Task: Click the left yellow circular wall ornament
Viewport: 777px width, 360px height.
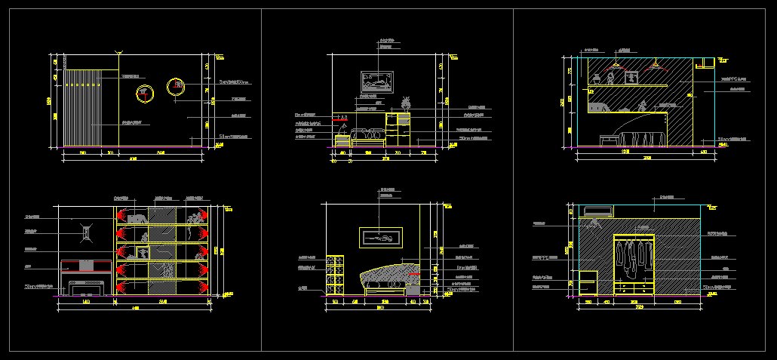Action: pyautogui.click(x=145, y=94)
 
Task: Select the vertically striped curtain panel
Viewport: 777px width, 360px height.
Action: pyautogui.click(x=82, y=106)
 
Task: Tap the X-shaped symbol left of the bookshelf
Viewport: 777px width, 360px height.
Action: pyautogui.click(x=88, y=231)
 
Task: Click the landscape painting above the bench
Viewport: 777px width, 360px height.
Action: pyautogui.click(x=377, y=81)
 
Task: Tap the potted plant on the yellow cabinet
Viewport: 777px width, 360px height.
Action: pyautogui.click(x=406, y=103)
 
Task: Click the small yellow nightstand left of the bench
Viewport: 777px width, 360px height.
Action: pyautogui.click(x=342, y=141)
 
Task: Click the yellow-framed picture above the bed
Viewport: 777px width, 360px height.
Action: pyautogui.click(x=379, y=238)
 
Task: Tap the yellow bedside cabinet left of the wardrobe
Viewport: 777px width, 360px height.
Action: pyautogui.click(x=588, y=282)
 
